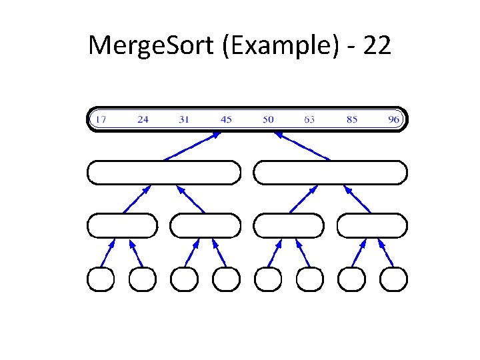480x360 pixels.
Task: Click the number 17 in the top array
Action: pyautogui.click(x=100, y=120)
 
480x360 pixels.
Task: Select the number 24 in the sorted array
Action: pyautogui.click(x=143, y=120)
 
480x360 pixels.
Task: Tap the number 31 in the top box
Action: pyautogui.click(x=184, y=120)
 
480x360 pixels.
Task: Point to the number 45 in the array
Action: pyautogui.click(x=226, y=120)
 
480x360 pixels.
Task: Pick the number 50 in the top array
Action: pyautogui.click(x=268, y=120)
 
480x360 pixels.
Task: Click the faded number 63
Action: pyautogui.click(x=309, y=120)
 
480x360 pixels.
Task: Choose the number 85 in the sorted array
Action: pyautogui.click(x=351, y=120)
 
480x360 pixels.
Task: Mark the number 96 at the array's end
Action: pyautogui.click(x=393, y=120)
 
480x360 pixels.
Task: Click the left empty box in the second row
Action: pyautogui.click(x=163, y=172)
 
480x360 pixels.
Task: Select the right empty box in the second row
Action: pyautogui.click(x=330, y=172)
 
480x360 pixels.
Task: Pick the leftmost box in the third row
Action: pyautogui.click(x=122, y=225)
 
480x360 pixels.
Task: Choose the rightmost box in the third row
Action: pyautogui.click(x=372, y=225)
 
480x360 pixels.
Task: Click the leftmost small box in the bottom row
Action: pyautogui.click(x=101, y=279)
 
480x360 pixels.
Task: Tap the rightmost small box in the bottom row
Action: pyautogui.click(x=393, y=279)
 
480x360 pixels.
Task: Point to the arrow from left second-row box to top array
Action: pyautogui.click(x=192, y=146)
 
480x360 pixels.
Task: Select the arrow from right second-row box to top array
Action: pyautogui.click(x=302, y=146)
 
